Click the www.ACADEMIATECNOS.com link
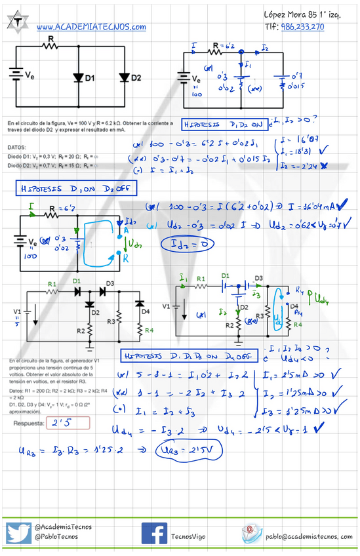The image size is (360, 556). tap(91, 27)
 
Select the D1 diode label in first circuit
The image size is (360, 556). tap(89, 78)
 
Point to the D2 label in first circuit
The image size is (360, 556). tap(136, 78)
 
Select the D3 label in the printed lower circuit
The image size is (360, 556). tap(109, 283)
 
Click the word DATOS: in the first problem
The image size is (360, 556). tap(18, 148)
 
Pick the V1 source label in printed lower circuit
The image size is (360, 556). tap(17, 310)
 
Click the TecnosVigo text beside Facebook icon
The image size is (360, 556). tap(188, 536)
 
